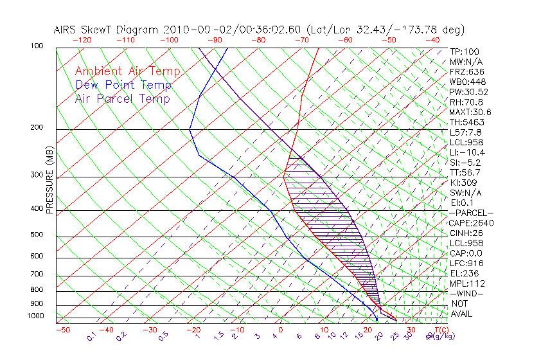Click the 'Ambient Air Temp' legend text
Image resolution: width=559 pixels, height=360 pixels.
pyautogui.click(x=128, y=71)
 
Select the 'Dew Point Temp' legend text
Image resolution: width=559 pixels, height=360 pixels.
pyautogui.click(x=123, y=85)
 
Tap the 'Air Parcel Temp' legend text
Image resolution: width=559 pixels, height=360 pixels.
pyautogui.click(x=123, y=98)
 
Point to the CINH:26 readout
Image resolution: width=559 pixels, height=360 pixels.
pyautogui.click(x=466, y=233)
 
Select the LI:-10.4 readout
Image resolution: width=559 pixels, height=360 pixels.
pyautogui.click(x=467, y=152)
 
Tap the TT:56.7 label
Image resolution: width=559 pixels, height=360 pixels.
pyautogui.click(x=465, y=172)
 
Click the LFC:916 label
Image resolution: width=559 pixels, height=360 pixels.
pyautogui.click(x=466, y=263)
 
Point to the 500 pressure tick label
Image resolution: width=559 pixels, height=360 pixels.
pyautogui.click(x=37, y=235)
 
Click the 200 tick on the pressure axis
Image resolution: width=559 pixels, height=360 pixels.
pyautogui.click(x=37, y=127)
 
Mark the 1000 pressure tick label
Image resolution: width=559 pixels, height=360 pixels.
pyautogui.click(x=35, y=316)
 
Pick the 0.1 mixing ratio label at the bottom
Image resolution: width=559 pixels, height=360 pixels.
pyautogui.click(x=91, y=336)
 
